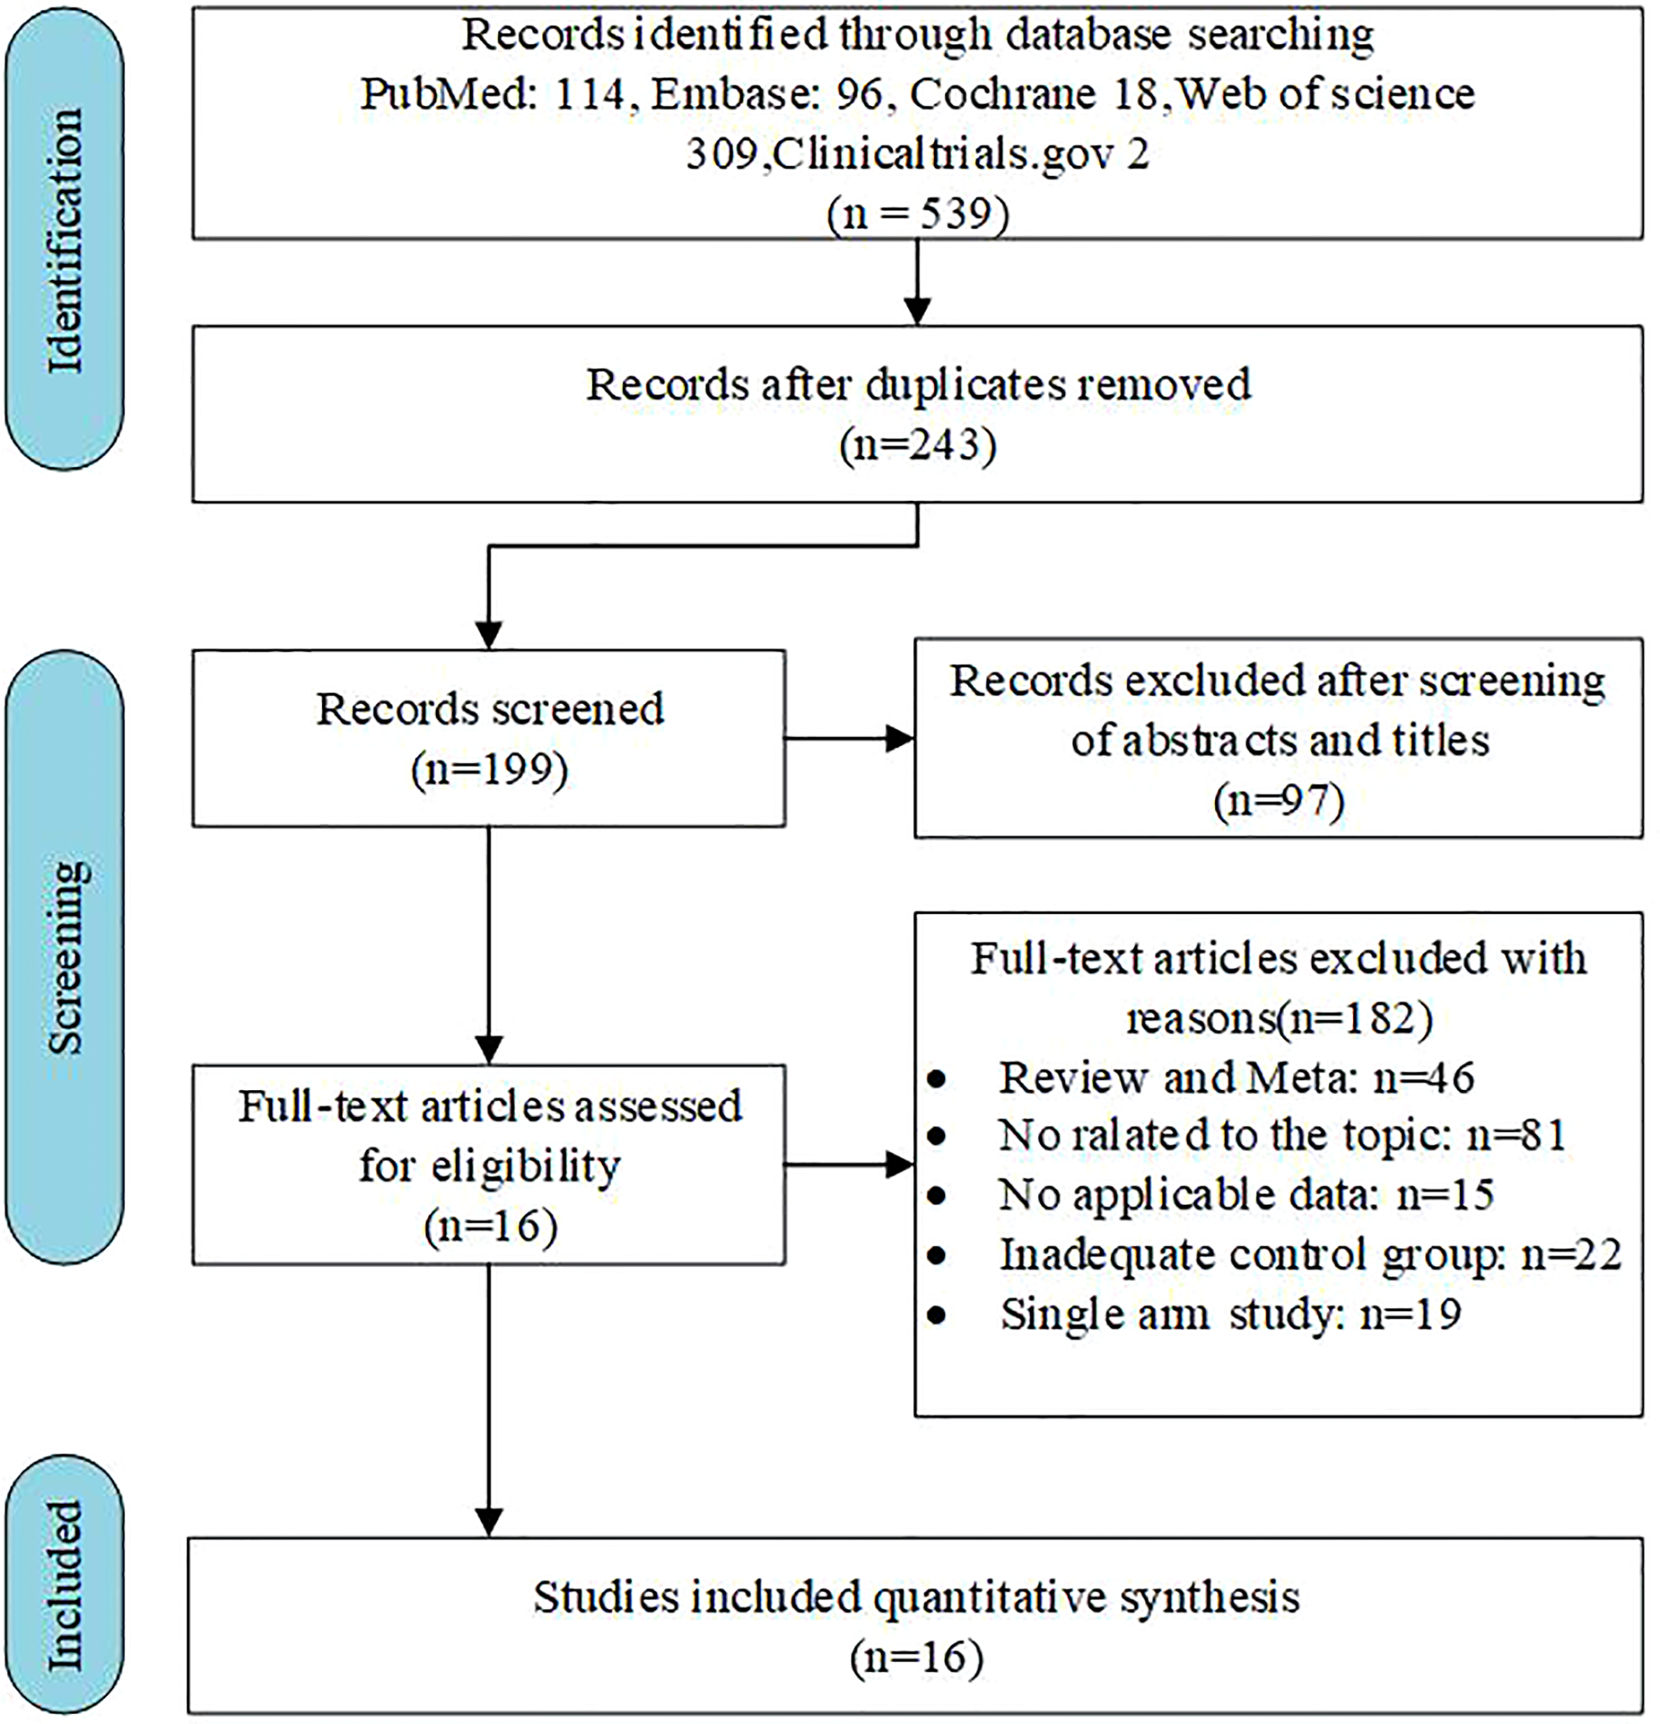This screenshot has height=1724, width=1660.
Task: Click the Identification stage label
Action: tap(64, 240)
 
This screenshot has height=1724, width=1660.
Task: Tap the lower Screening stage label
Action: tap(64, 957)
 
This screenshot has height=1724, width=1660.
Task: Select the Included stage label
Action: tap(64, 1585)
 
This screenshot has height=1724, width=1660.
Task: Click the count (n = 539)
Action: tap(917, 212)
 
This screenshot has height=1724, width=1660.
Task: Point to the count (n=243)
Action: tap(917, 445)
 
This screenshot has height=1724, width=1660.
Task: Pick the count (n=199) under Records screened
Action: tap(489, 769)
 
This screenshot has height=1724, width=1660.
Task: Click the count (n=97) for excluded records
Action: tap(1278, 799)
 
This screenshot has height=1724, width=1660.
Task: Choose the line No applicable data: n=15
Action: tap(1246, 1195)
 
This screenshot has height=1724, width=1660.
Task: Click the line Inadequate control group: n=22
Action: tap(1309, 1254)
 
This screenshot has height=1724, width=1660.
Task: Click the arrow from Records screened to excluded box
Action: tap(849, 738)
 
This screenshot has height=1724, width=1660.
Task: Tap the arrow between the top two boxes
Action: tap(917, 282)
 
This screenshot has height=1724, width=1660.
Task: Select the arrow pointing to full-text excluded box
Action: tap(849, 1165)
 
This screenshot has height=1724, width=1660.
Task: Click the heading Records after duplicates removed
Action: tap(917, 385)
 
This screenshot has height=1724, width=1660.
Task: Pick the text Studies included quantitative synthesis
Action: tap(916, 1597)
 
